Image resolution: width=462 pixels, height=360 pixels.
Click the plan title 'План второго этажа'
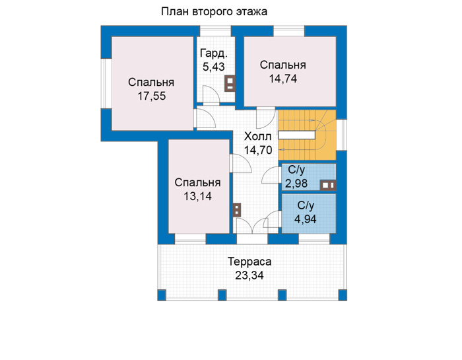214,12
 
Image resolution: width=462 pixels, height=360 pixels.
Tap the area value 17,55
152,96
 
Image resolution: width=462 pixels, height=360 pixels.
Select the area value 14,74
283,79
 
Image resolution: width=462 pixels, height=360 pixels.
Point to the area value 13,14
198,196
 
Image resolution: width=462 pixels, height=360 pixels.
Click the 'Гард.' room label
214,54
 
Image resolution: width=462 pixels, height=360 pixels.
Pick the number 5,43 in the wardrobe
214,67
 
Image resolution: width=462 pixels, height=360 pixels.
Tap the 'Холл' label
258,137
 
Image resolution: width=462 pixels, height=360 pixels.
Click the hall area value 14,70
258,150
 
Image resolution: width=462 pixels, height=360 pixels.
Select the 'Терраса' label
249,262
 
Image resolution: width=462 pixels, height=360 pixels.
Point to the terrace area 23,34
249,275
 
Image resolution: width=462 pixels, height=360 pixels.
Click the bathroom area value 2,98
296,184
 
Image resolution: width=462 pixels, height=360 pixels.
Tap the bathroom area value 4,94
306,219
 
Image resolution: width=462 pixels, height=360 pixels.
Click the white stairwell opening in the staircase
297,135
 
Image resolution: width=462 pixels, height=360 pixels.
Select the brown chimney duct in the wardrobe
230,84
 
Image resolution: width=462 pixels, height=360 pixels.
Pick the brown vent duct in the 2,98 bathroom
328,186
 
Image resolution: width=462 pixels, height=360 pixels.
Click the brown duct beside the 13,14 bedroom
237,210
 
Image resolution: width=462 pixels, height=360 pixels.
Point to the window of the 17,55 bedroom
106,83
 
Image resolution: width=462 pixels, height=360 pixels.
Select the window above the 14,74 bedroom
289,31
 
